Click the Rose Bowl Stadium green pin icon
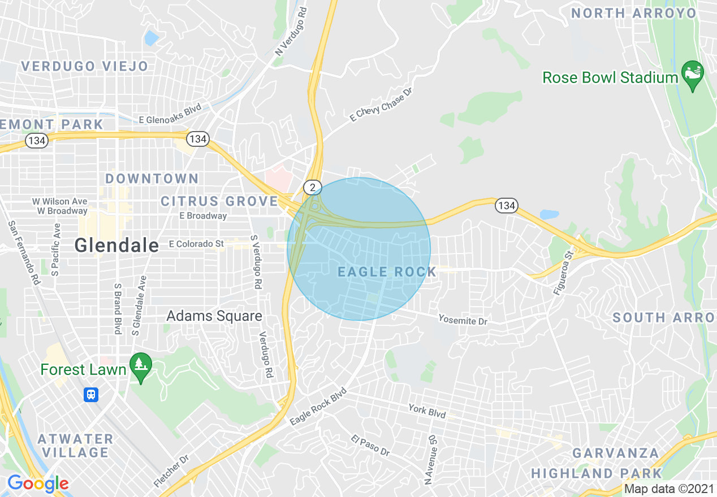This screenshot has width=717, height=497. point(693,76)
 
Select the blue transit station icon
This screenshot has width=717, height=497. point(91,394)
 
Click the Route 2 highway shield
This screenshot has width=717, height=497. point(312,186)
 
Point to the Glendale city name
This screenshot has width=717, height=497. point(117,245)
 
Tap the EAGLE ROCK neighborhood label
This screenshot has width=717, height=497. point(387,272)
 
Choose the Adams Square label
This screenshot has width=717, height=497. point(214,316)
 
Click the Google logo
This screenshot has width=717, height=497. point(37,483)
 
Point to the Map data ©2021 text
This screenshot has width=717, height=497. point(669,489)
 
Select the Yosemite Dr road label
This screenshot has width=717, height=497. point(463,320)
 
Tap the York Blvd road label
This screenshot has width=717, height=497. point(427,411)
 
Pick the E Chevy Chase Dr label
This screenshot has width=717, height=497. point(381,105)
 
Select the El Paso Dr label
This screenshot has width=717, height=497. point(370,446)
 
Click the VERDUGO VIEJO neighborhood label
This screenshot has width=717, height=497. point(85,66)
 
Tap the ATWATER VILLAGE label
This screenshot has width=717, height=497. point(75,446)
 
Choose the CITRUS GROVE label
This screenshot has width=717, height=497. point(219,202)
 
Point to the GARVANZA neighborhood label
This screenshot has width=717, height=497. point(616,454)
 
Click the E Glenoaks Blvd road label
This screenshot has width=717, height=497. point(170,120)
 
